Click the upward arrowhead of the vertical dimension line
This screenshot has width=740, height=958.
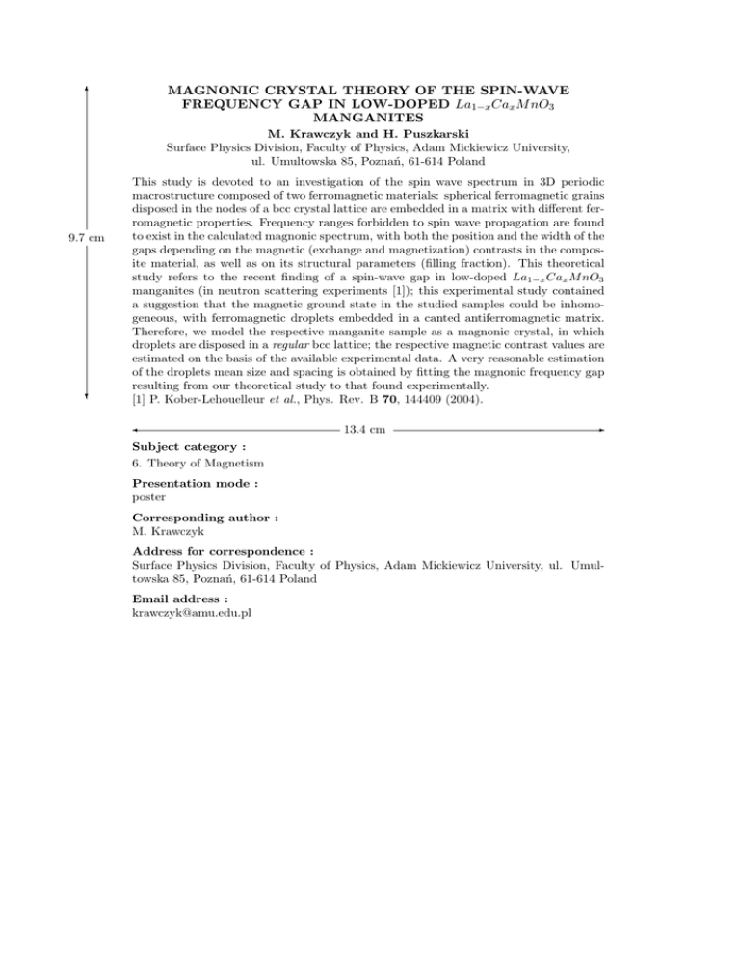click(88, 88)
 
